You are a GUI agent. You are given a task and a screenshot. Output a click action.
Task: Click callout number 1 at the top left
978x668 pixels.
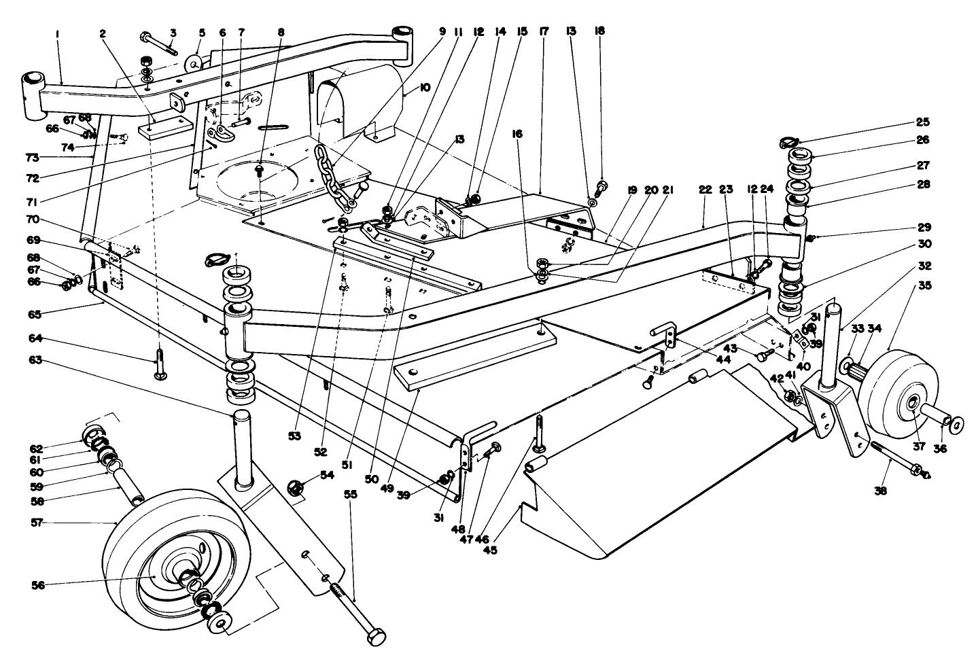click(58, 31)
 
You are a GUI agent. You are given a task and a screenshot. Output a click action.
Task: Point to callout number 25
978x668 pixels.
click(923, 122)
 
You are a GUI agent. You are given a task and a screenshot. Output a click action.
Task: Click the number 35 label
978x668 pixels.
click(924, 267)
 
